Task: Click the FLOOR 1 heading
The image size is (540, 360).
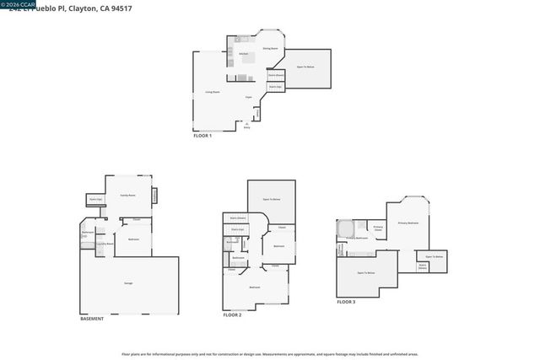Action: (202, 136)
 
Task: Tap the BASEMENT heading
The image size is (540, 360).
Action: (92, 319)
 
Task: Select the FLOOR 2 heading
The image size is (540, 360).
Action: (232, 315)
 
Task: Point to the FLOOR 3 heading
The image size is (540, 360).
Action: (346, 302)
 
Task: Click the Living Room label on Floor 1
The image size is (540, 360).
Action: (213, 92)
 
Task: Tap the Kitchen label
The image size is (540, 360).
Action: (244, 54)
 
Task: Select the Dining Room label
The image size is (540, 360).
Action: (270, 48)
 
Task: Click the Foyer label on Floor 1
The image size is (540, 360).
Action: (249, 98)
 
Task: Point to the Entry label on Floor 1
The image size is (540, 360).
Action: (247, 128)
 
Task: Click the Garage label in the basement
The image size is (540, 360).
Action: (128, 282)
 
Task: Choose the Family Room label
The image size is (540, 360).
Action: (127, 195)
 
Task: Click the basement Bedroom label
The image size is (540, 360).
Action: (133, 239)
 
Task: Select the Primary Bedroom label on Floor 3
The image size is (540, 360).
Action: (408, 223)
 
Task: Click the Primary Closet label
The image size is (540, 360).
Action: (378, 228)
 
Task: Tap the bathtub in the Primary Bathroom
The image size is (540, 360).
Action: (344, 228)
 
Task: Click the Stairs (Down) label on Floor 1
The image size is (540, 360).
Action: (276, 75)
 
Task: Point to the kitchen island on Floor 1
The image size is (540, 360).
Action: (243, 78)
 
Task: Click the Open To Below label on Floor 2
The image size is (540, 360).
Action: (271, 198)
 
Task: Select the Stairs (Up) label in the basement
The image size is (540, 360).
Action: (95, 200)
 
